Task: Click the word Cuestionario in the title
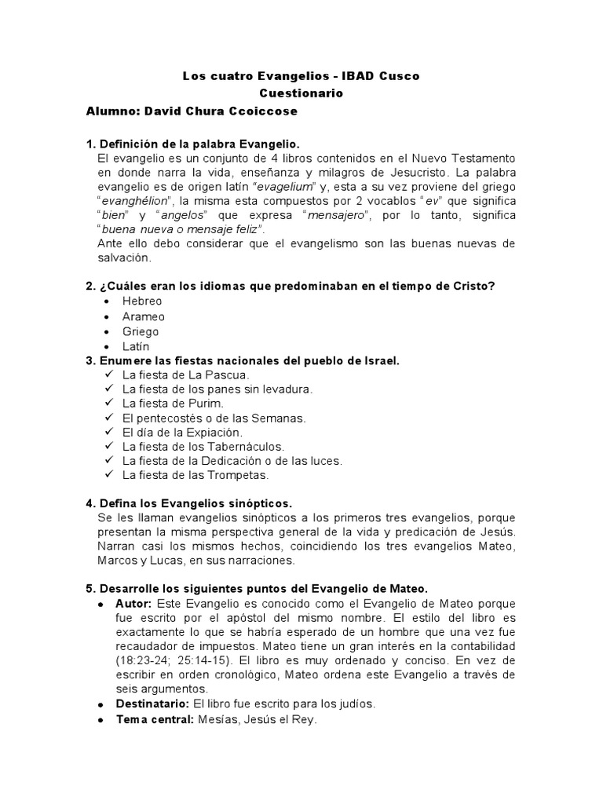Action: [301, 93]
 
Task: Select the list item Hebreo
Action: [142, 301]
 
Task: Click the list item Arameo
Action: [144, 316]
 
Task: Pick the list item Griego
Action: [141, 331]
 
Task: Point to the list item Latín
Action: [136, 346]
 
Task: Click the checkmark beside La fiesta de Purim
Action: [109, 403]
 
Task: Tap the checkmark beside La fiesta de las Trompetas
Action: [109, 475]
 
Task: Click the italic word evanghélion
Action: [133, 200]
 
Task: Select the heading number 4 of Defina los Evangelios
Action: [90, 503]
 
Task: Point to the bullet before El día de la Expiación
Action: [109, 432]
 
